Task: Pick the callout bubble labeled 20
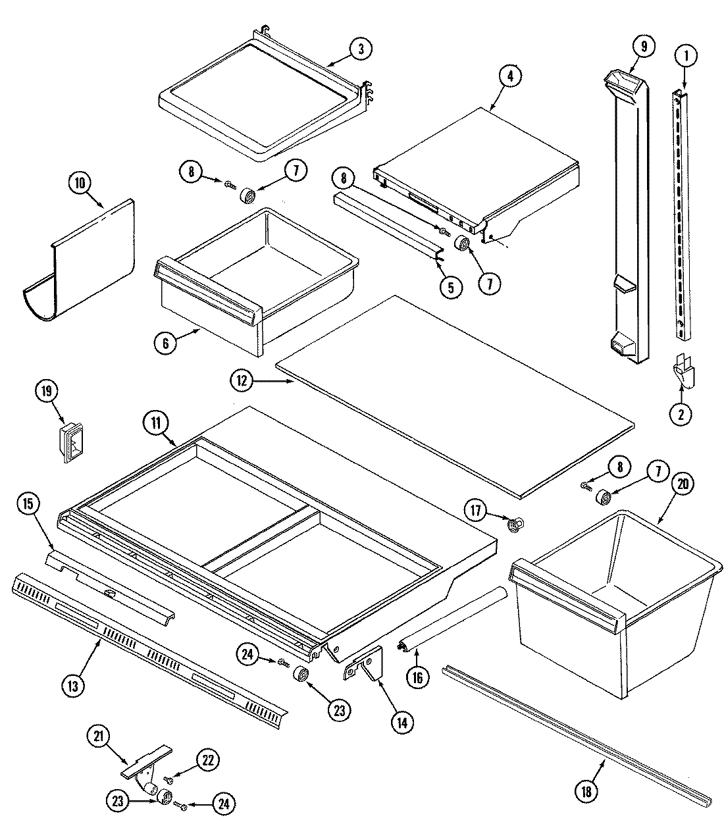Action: click(x=681, y=484)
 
